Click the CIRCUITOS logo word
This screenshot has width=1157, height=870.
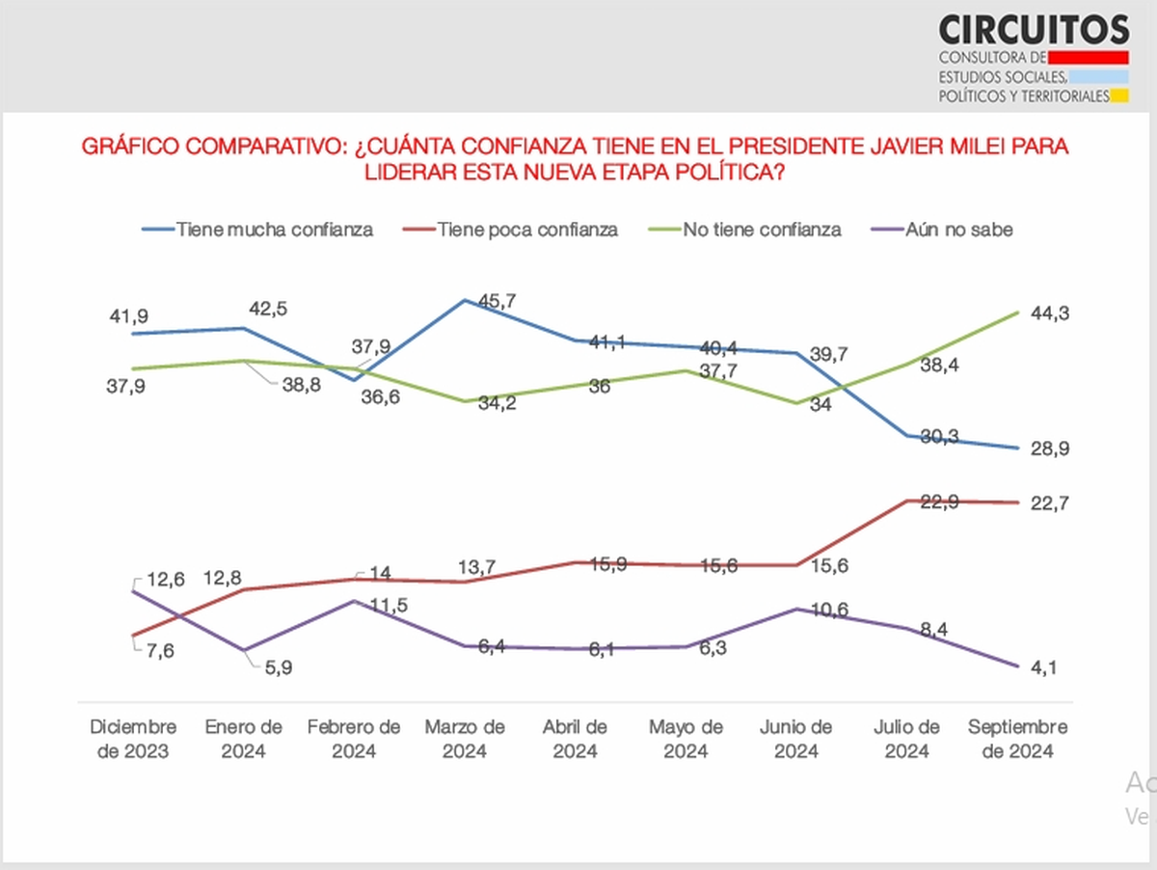(x=1034, y=29)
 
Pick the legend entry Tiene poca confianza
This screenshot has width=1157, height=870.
(x=527, y=230)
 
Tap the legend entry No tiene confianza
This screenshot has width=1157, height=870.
(x=762, y=230)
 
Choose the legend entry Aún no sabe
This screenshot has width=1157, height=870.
(x=958, y=230)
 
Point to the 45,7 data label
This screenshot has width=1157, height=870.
(x=498, y=301)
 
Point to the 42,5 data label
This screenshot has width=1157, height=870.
(x=268, y=309)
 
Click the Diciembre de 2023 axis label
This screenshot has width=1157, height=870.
(x=133, y=739)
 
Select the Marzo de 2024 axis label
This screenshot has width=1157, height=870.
(x=465, y=739)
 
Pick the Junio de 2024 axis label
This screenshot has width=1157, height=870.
(x=796, y=739)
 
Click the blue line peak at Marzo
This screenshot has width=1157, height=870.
(x=465, y=300)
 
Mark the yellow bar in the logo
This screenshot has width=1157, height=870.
(x=1118, y=95)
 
